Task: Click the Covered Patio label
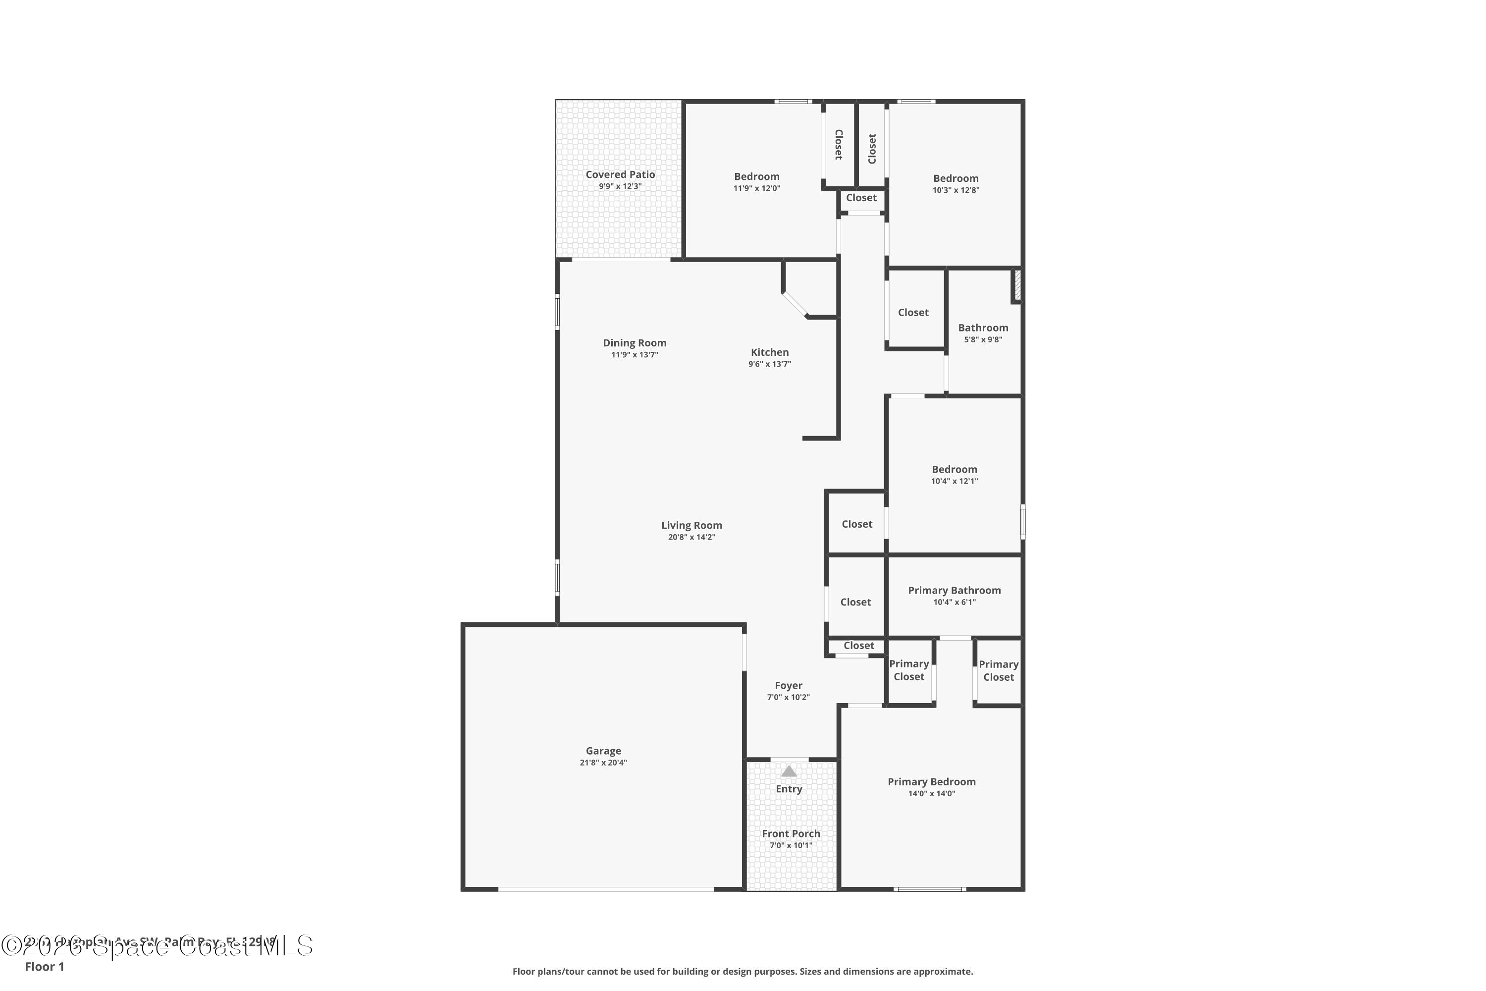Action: [x=620, y=174]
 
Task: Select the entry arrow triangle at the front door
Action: [x=789, y=771]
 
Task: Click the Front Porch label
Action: [x=791, y=833]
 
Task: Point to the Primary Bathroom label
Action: [x=954, y=590]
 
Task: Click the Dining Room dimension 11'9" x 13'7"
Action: [x=635, y=355]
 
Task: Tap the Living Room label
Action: [x=691, y=525]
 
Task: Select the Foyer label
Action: [x=788, y=685]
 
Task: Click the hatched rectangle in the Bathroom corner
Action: [x=1017, y=285]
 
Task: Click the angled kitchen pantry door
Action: [x=795, y=305]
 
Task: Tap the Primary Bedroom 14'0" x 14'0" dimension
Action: [x=931, y=793]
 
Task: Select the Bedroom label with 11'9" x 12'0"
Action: [x=756, y=176]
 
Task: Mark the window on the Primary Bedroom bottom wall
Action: [x=929, y=889]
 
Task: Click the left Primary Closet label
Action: [x=908, y=670]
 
